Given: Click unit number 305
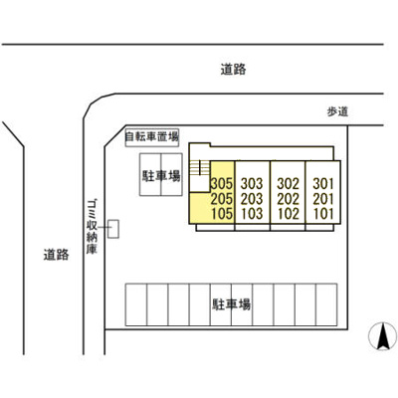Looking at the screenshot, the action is pos(222,183).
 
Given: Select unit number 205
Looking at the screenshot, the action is pos(222,199).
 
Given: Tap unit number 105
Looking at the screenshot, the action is pos(222,214).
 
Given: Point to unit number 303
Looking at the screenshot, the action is pos(252,183).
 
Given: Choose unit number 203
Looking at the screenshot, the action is pos(252,199).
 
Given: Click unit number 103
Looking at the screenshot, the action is pos(252,214).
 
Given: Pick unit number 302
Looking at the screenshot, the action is pos(289,183).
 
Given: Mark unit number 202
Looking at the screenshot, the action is pos(289,199).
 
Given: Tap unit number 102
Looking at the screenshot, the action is pos(289,214).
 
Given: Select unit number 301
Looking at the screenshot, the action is pos(323,183).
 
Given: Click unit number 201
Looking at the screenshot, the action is pos(323,199).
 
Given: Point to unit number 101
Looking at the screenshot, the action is pos(323,214).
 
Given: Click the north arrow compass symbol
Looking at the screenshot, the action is pos(383,336).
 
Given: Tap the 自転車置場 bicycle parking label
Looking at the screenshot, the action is pos(152,137).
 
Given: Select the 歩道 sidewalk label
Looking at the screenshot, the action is pos(338,111).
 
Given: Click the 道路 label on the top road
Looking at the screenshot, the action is pos(233,70).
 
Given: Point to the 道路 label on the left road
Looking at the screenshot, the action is pos(57,255).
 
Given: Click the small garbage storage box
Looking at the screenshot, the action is pos(113,229).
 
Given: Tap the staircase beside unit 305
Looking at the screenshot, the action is pos(200,168).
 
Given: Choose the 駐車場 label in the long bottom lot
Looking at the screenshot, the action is pos(231,304).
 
